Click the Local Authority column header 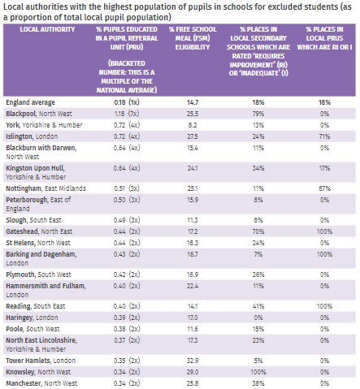(47, 29)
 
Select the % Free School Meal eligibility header (193, 38)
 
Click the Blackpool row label (39, 114)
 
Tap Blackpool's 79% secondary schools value (258, 114)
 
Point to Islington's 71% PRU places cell (324, 136)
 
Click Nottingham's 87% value (324, 188)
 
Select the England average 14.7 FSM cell (193, 102)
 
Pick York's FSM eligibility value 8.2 (193, 125)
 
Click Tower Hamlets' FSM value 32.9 (193, 361)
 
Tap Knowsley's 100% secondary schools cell (258, 372)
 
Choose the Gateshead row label (39, 231)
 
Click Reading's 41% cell (258, 306)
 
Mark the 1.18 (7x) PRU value (127, 114)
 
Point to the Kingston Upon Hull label (36, 172)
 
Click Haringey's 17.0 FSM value (193, 318)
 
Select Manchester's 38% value (258, 383)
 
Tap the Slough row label (34, 220)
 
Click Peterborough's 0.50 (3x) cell (127, 200)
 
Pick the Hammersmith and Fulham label (46, 290)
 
